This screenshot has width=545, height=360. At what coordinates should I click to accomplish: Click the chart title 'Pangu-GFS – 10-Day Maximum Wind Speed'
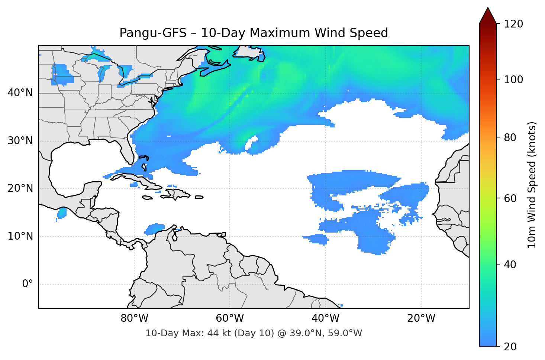point(254,33)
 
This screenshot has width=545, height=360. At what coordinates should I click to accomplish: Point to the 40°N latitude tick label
point(20,93)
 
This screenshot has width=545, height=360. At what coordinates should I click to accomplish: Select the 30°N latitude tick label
point(20,141)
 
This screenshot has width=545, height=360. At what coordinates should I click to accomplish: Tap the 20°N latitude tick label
point(20,188)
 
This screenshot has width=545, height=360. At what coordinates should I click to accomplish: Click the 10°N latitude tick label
point(20,236)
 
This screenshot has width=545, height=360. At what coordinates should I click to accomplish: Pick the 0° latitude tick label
point(27,284)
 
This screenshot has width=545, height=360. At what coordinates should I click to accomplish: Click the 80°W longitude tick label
point(134,318)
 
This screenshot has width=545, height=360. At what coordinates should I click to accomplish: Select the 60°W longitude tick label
point(230,318)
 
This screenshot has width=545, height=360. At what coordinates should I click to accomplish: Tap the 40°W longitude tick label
point(325,318)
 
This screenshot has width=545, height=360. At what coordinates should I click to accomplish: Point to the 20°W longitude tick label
point(421,318)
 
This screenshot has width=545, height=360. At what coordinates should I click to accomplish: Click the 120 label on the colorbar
point(513,24)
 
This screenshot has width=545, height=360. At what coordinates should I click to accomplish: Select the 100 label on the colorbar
point(513,80)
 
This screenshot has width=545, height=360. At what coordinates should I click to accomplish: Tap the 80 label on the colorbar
point(510,137)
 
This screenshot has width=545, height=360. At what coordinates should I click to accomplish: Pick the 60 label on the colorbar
point(510,198)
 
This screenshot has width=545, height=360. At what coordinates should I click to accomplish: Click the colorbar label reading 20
point(510,347)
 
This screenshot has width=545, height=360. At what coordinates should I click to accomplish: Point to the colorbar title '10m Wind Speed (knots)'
point(532,185)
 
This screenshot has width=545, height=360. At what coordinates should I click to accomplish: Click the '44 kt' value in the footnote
point(216,333)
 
